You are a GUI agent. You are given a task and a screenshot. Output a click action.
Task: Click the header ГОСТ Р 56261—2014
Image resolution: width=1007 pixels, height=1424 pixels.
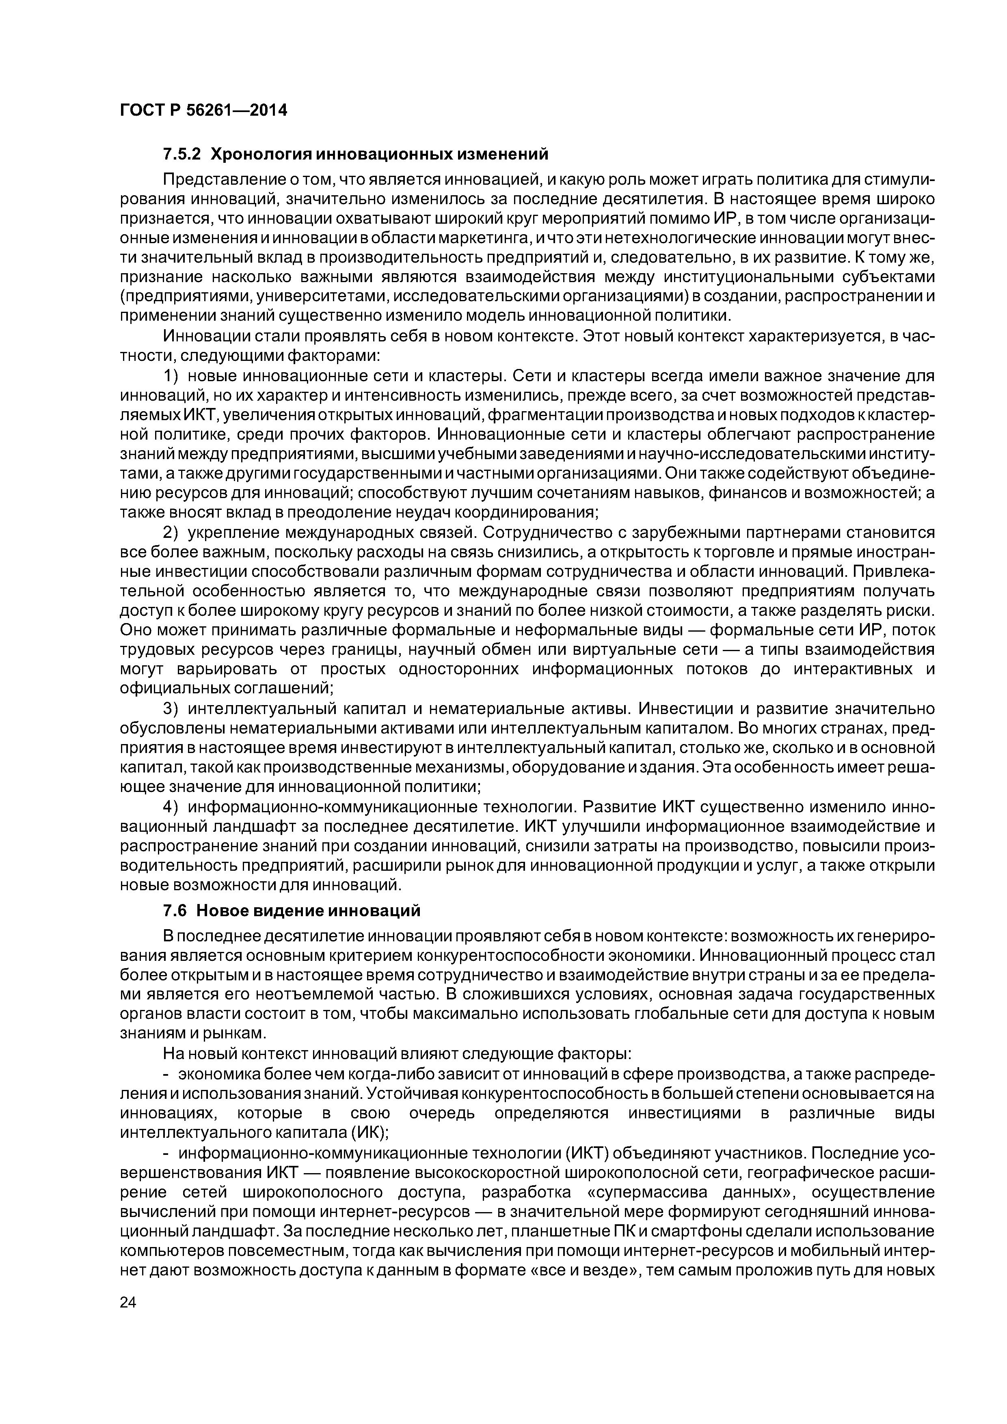tap(203, 110)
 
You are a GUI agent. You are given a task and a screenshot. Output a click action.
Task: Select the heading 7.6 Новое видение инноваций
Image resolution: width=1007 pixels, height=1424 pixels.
tap(292, 910)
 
